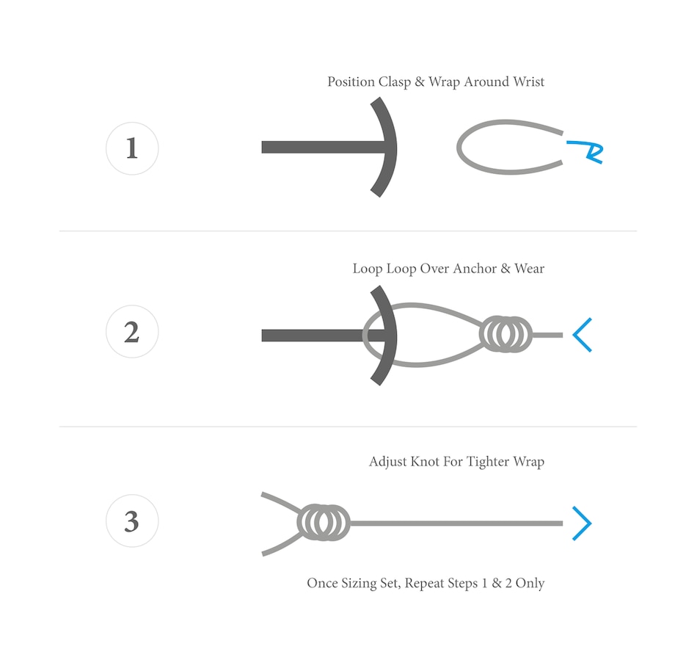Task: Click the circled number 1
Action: point(132,148)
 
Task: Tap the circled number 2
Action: point(132,332)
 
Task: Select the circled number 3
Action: point(132,521)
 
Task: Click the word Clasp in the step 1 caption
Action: point(394,82)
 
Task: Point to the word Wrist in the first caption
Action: point(528,82)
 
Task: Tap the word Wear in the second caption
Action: point(530,269)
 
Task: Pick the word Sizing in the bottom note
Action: point(360,584)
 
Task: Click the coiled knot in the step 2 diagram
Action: point(506,335)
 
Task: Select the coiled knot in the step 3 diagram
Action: point(324,522)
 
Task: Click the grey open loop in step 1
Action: point(459,147)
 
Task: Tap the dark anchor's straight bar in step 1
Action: point(323,148)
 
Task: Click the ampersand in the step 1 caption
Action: point(420,82)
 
